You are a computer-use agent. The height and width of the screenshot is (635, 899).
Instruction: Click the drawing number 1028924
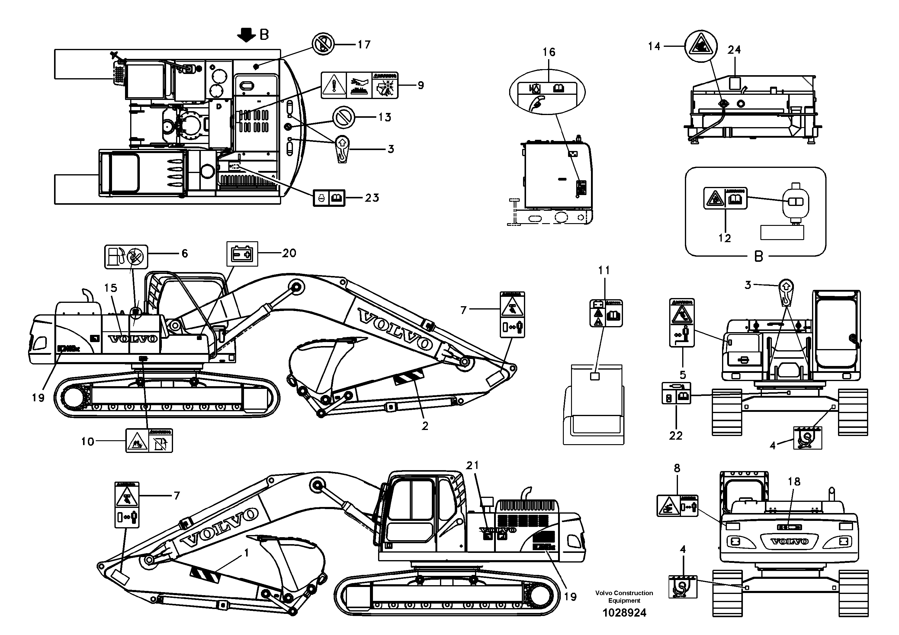pyautogui.click(x=624, y=613)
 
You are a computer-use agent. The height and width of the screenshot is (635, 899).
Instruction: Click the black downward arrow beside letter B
pyautogui.click(x=246, y=35)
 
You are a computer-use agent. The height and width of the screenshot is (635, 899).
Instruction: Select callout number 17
pyautogui.click(x=364, y=45)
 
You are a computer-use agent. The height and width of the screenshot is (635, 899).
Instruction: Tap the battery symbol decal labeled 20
pyautogui.click(x=242, y=254)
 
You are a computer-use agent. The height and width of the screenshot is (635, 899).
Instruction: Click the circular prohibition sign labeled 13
pyautogui.click(x=343, y=117)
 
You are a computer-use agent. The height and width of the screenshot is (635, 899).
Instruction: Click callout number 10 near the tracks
pyautogui.click(x=88, y=442)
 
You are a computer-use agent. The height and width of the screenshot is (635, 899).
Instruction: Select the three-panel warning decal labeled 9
pyautogui.click(x=359, y=85)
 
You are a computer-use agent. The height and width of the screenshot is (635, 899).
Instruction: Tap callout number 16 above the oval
pyautogui.click(x=549, y=52)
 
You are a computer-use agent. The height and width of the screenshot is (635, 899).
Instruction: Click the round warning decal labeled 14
pyautogui.click(x=701, y=47)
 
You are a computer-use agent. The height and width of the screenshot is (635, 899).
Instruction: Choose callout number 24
pyautogui.click(x=734, y=50)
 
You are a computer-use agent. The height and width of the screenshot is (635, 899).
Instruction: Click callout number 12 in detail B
pyautogui.click(x=724, y=238)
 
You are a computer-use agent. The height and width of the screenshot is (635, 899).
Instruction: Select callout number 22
pyautogui.click(x=676, y=435)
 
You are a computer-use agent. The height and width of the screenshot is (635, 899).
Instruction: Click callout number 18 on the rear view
pyautogui.click(x=794, y=482)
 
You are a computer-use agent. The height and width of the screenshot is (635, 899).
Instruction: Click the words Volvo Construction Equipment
pyautogui.click(x=624, y=597)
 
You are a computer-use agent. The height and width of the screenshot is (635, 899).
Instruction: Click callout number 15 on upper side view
pyautogui.click(x=111, y=288)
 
